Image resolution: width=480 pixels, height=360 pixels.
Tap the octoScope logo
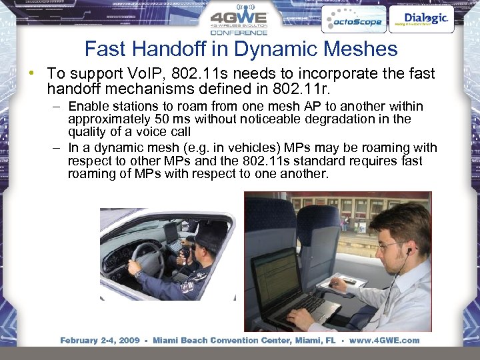pyautogui.click(x=353, y=20)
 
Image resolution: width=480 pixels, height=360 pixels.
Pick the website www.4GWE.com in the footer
pyautogui.click(x=385, y=341)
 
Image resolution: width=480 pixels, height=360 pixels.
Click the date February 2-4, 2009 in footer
pyautogui.click(x=100, y=341)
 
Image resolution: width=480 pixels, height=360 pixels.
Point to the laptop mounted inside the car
pyautogui.click(x=172, y=233)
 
